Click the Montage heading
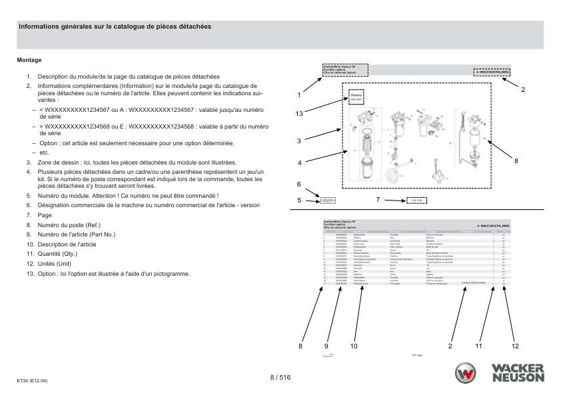tap(29, 60)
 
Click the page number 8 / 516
tap(280, 378)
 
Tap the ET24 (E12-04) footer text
tap(32, 380)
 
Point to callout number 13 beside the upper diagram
tap(300, 114)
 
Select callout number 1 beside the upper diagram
tap(300, 95)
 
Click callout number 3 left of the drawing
tap(300, 141)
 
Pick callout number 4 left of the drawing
tap(300, 163)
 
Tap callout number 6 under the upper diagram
tap(299, 184)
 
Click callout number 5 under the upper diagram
tap(300, 199)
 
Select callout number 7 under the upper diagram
tap(378, 199)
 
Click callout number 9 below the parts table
tap(327, 346)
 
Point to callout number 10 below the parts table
tap(354, 346)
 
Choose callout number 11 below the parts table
tap(478, 346)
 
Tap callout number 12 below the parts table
tap(515, 346)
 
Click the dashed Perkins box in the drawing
tap(356, 98)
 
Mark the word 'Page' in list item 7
tap(44, 215)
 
